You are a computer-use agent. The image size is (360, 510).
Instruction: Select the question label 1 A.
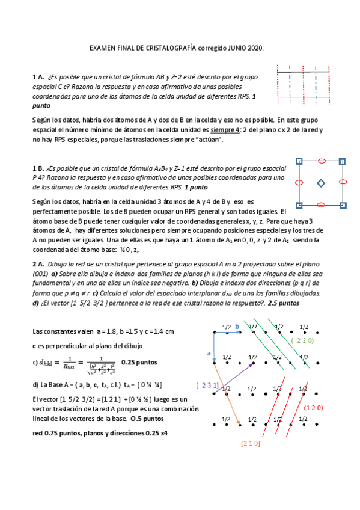tap(38, 77)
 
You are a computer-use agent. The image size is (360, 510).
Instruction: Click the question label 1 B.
tap(38, 168)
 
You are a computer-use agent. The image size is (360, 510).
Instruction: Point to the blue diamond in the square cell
tap(321, 183)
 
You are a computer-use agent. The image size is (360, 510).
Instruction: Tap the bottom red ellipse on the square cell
tap(321, 204)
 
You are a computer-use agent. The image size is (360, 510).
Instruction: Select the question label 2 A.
tap(38, 263)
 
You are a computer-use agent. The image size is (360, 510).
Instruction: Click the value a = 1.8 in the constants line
tap(88, 331)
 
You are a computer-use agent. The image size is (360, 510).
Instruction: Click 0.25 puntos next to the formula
tap(139, 363)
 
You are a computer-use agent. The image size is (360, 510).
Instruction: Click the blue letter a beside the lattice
tap(209, 353)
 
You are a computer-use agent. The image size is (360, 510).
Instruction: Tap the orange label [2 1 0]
tap(250, 443)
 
